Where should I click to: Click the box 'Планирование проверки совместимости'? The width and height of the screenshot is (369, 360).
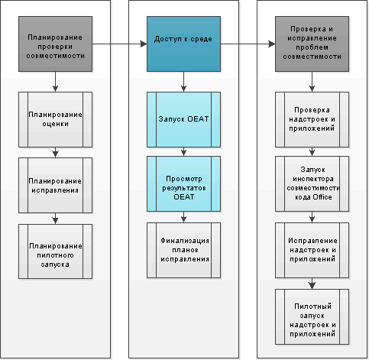(55, 44)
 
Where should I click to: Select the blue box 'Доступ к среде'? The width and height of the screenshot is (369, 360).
(183, 44)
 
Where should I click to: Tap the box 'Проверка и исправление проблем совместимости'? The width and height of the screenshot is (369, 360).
(312, 44)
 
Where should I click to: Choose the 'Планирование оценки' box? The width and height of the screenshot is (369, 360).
(55, 119)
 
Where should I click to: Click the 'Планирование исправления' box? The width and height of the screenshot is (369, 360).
(55, 185)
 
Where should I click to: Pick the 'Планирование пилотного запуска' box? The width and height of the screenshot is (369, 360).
(55, 251)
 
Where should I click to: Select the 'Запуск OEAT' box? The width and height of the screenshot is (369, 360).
(183, 119)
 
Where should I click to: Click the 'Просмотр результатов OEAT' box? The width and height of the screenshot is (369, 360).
(183, 183)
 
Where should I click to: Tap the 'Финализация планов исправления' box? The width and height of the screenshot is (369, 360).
(183, 250)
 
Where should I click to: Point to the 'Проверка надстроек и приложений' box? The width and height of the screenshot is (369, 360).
(312, 119)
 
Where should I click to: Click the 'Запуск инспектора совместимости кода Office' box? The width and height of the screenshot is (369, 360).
(312, 183)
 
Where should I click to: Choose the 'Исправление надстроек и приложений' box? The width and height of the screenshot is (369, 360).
(312, 250)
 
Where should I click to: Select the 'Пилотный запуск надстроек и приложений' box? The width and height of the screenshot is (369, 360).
(312, 316)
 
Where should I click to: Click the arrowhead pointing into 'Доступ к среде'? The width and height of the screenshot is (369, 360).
(144, 44)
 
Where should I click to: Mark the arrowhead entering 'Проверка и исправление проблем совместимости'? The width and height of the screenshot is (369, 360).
(272, 44)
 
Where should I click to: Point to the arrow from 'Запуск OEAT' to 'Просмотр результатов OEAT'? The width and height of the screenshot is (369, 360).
(183, 151)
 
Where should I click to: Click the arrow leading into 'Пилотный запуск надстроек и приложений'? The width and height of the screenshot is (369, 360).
(312, 284)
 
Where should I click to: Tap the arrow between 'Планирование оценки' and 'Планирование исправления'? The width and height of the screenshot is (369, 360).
(55, 152)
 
